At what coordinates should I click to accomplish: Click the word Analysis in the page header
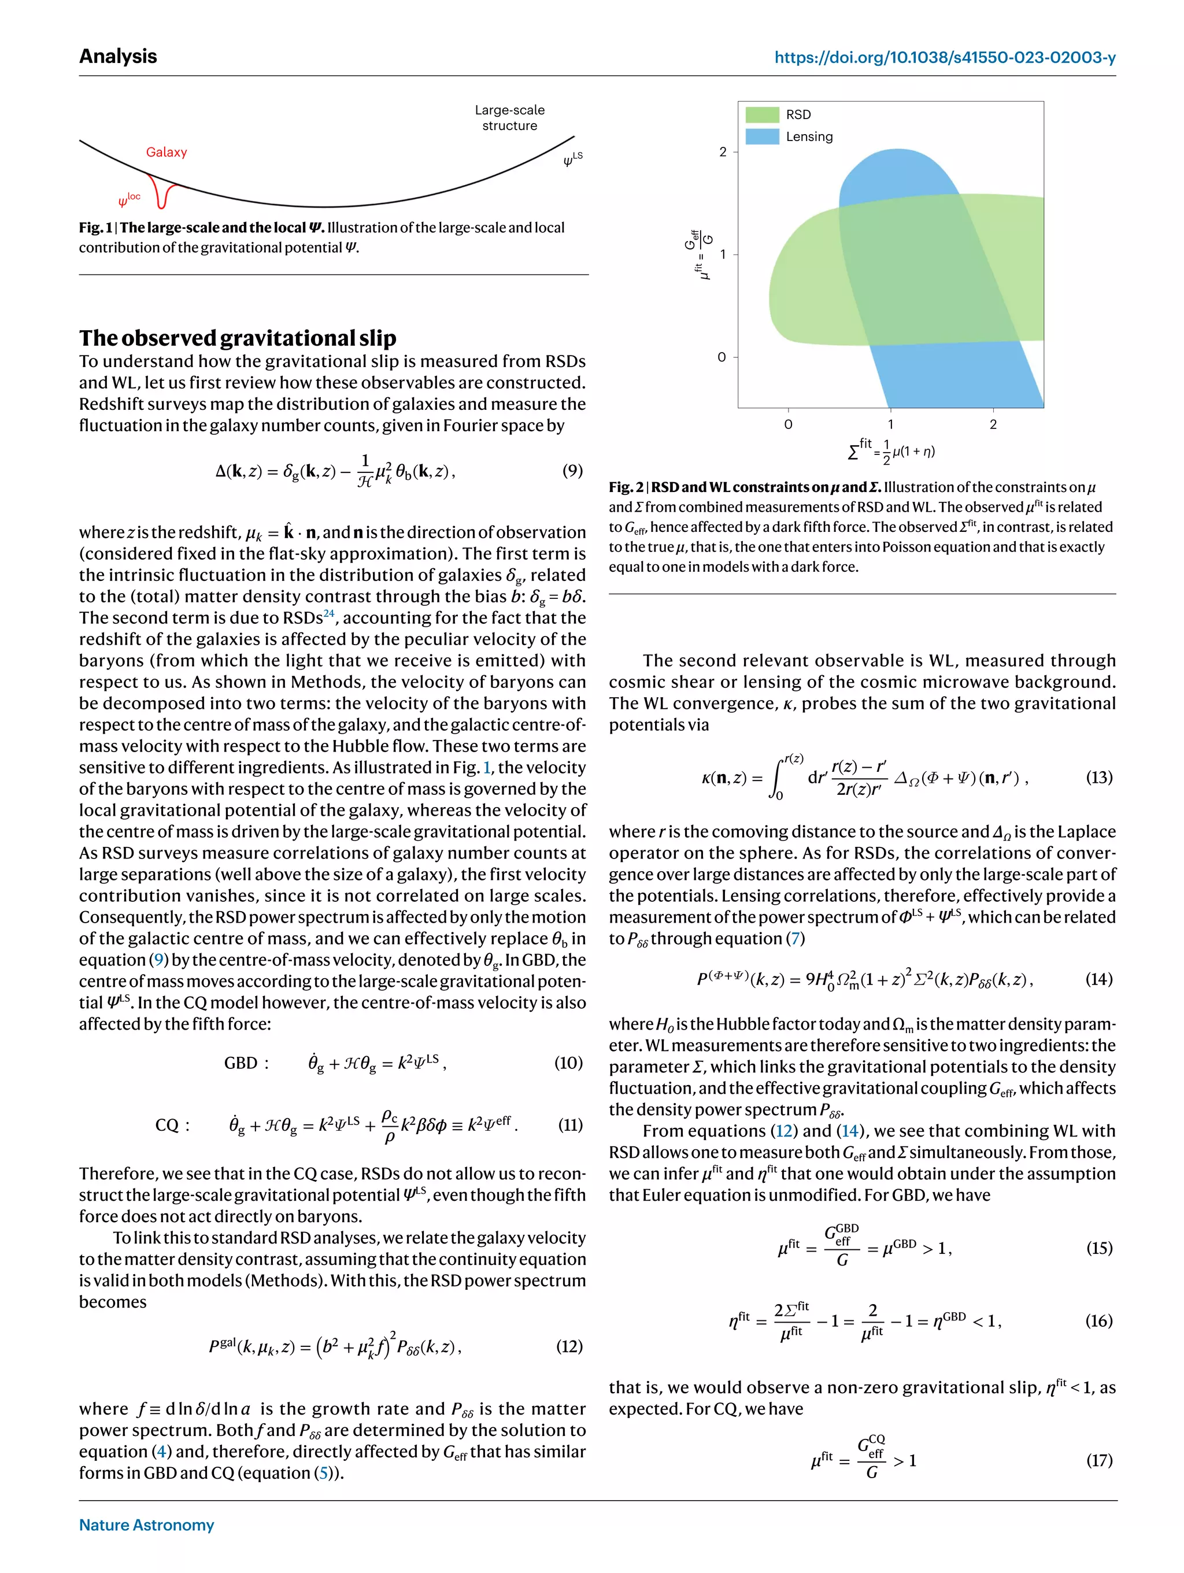(x=118, y=56)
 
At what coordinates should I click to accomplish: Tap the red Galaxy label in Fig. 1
(x=166, y=152)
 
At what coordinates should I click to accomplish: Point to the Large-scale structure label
(x=509, y=118)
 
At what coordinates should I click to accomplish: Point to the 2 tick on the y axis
(x=723, y=151)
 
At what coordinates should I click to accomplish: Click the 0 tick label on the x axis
(x=788, y=424)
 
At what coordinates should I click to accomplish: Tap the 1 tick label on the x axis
(x=890, y=424)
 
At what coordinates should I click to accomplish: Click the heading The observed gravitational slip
(x=238, y=337)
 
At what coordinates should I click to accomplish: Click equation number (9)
(x=572, y=470)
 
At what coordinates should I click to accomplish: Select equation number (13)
(x=1098, y=778)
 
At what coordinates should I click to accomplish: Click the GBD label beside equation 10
(x=246, y=1063)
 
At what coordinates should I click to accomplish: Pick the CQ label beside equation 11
(x=172, y=1125)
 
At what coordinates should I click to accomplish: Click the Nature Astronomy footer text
(x=146, y=1524)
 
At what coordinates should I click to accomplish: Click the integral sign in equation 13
(x=777, y=778)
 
